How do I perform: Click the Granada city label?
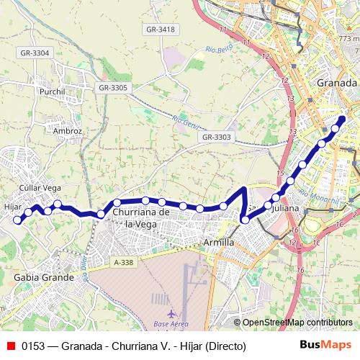coord(336,83)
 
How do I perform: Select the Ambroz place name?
coord(68,131)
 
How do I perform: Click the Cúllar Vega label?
coord(40,187)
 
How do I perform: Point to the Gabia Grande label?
coord(44,277)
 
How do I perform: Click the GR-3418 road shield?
coord(160,29)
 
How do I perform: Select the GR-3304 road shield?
coord(35,53)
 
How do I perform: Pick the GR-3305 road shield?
coord(112,87)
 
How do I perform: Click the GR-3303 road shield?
coord(216,137)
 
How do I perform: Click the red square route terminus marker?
coord(18,221)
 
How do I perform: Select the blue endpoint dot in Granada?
coord(343,119)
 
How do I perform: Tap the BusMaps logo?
coord(330,345)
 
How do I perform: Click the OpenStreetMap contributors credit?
coord(297,323)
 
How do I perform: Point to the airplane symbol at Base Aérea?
coord(171,314)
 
